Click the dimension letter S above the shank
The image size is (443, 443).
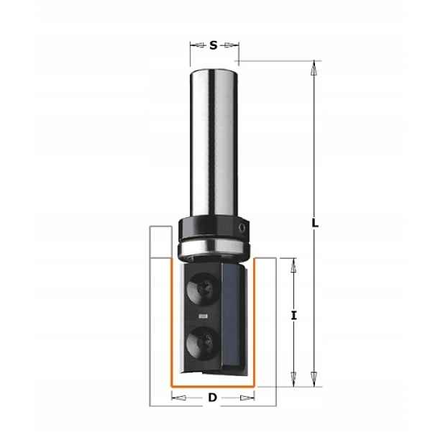click(214, 45)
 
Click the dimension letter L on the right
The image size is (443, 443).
click(315, 224)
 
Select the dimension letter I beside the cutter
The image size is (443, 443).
click(294, 315)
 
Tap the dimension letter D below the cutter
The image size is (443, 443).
click(212, 398)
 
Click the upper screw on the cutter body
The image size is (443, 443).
click(203, 289)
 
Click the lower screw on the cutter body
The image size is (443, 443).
click(203, 343)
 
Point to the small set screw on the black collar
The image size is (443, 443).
click(242, 227)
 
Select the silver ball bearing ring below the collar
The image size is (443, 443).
click(214, 247)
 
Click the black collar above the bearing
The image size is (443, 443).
click(214, 228)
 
